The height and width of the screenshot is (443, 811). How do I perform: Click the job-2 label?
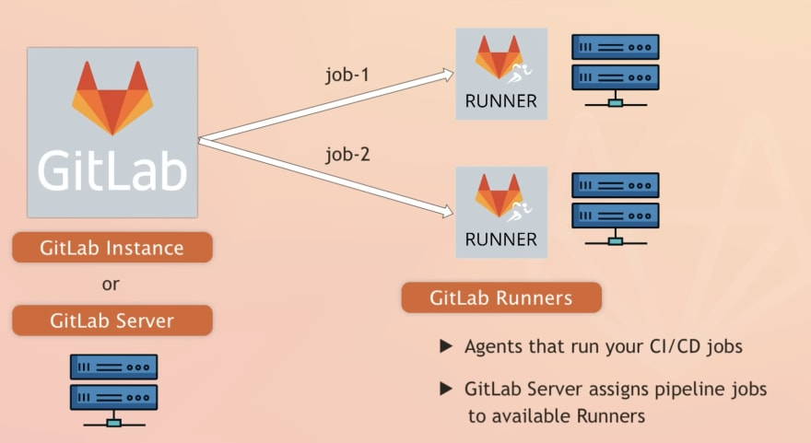[347, 155]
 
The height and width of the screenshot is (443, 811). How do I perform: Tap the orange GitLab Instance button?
[112, 248]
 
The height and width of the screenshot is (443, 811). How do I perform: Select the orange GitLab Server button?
[112, 321]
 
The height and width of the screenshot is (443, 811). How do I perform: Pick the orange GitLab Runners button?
[500, 297]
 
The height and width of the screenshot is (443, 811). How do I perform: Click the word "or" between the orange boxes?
[111, 285]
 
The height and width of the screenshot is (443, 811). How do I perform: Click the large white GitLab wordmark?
[112, 170]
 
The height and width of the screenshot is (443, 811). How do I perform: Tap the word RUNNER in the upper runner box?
[500, 101]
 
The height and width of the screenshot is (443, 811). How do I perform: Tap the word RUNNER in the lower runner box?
[500, 240]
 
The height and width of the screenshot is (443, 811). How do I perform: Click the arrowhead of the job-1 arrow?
[449, 73]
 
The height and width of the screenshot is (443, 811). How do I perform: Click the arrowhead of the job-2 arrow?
[448, 212]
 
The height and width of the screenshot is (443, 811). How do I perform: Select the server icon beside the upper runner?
[615, 70]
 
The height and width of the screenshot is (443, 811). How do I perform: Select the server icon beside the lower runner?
[615, 208]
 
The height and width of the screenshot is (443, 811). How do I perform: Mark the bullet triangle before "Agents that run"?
[446, 347]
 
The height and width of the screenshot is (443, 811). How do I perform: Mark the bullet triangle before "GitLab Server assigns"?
[446, 390]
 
